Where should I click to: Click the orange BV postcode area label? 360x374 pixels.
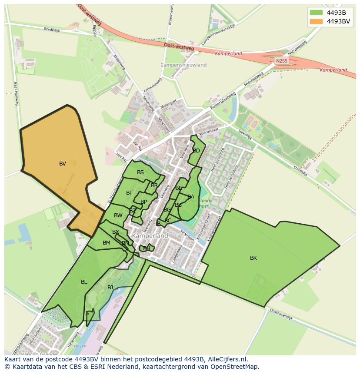63,164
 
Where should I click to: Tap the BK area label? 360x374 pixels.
253,258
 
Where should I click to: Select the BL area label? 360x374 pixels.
84,282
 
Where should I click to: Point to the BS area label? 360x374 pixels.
140,172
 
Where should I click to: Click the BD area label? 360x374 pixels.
197,151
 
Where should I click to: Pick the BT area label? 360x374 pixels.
130,193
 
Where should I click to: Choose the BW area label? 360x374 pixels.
118,215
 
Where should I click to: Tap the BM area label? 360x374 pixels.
107,243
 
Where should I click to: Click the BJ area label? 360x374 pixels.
110,288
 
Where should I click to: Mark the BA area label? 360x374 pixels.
191,197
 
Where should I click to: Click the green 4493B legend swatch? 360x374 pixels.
317,13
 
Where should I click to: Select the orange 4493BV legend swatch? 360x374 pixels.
317,21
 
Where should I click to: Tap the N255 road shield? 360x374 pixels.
282,61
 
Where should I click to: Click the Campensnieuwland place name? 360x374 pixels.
183,65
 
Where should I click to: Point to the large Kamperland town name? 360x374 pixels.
150,235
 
